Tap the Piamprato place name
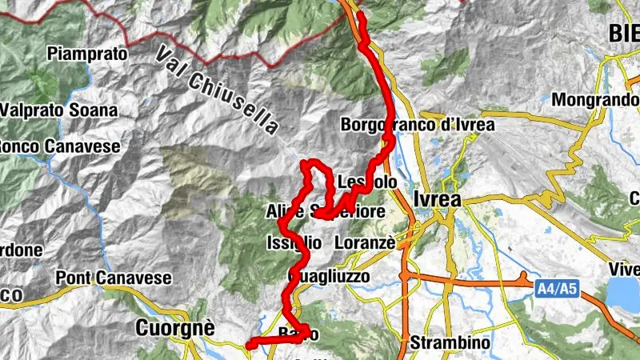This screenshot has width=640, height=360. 87,54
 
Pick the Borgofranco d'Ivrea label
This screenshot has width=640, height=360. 418,125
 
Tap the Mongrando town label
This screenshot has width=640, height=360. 595,102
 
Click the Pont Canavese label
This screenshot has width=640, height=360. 114,278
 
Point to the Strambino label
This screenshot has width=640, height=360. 450,342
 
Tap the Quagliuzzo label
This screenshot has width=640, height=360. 328,276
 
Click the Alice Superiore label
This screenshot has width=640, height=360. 325,212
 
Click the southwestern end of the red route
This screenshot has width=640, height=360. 249,345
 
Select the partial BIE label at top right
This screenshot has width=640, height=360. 624,33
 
